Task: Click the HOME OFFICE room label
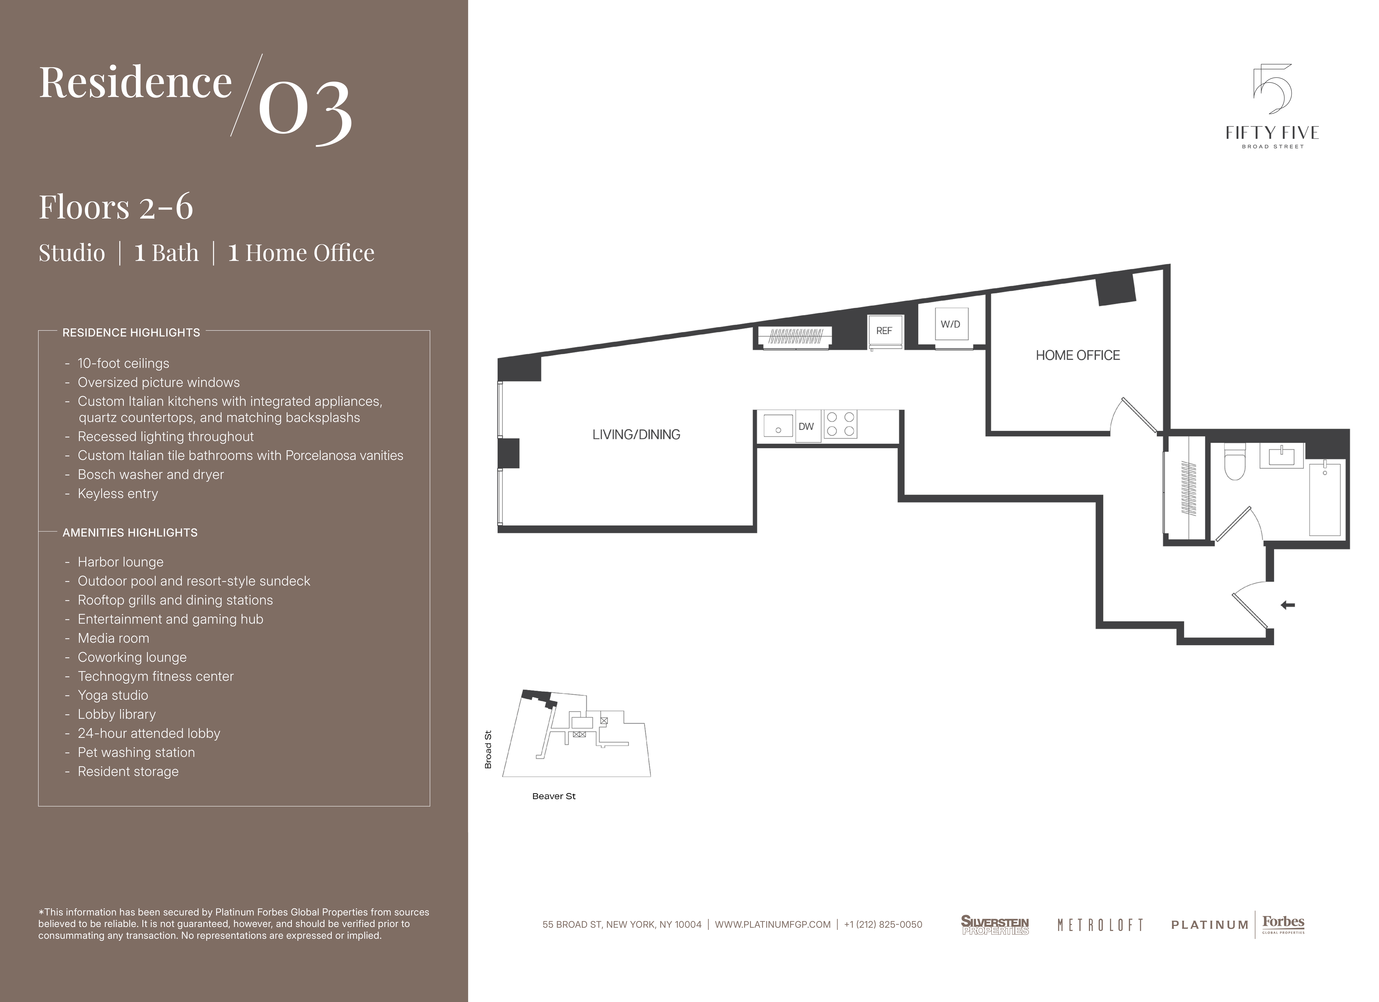coord(1077,355)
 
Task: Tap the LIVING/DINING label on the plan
coord(636,434)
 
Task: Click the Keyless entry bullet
coord(117,494)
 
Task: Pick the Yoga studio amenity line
coord(112,695)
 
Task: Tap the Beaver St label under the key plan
coord(553,796)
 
